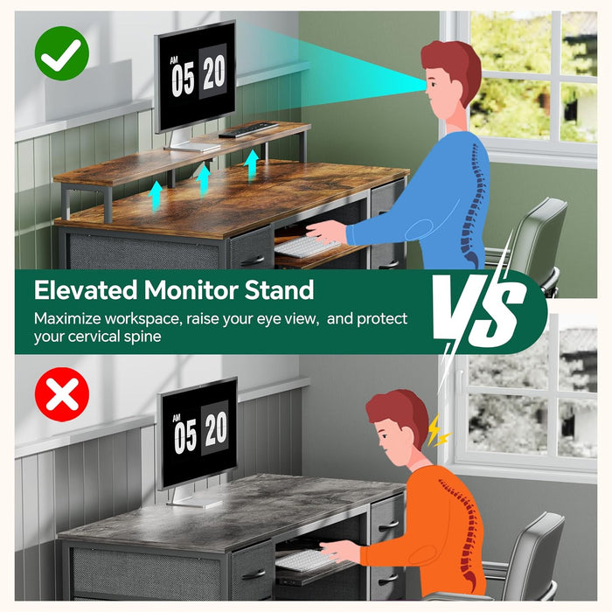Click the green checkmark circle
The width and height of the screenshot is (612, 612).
pos(62,53)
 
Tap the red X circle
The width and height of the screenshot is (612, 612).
pos(62,394)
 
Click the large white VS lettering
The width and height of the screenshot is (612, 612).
pos(479,309)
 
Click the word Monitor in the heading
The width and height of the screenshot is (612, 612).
pos(191,290)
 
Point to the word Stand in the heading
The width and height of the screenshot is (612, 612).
pos(280,290)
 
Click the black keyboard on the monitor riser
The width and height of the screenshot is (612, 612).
pos(248,129)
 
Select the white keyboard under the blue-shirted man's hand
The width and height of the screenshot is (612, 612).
pos(305,246)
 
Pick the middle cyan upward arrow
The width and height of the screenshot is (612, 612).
pos(204,179)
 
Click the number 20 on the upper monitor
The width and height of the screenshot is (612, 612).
pos(213,72)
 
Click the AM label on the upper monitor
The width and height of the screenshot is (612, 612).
pos(174,59)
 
